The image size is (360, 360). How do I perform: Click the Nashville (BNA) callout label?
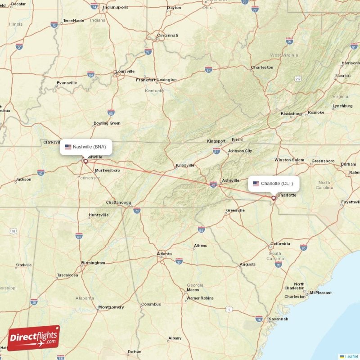(x=86, y=147)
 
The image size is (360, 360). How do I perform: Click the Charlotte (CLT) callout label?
(x=274, y=184)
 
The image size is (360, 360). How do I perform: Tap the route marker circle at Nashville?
(x=85, y=161)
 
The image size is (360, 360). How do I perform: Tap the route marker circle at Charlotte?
(x=273, y=198)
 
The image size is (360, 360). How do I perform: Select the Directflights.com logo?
(x=34, y=338)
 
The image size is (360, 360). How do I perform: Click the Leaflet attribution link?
(x=351, y=356)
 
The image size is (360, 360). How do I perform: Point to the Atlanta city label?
(x=164, y=254)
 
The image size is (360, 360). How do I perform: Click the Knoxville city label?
(x=185, y=165)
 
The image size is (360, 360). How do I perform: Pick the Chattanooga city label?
(x=118, y=202)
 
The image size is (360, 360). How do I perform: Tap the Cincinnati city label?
(x=167, y=35)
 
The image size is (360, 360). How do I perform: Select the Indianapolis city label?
(x=115, y=7)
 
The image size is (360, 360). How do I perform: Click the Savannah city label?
(x=279, y=319)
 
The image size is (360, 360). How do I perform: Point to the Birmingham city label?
(x=93, y=263)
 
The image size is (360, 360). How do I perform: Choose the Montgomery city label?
(x=111, y=307)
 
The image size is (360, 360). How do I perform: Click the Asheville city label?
(x=231, y=180)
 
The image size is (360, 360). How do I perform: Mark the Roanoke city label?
(x=315, y=112)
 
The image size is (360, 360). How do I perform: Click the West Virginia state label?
(x=284, y=55)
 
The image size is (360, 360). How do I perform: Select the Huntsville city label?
(x=99, y=215)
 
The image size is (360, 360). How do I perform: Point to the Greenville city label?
(x=235, y=210)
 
